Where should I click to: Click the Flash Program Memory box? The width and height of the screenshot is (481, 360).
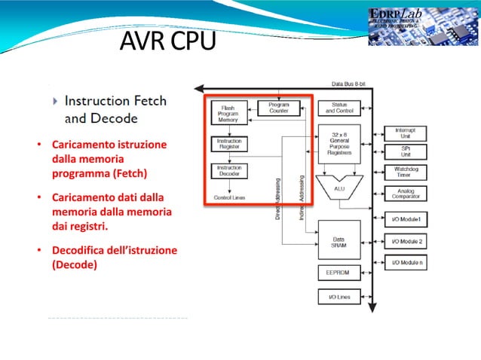click(x=228, y=113)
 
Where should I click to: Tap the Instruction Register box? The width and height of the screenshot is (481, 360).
click(x=228, y=143)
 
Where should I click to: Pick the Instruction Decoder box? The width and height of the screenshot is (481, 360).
click(x=228, y=171)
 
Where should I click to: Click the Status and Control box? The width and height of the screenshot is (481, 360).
click(x=339, y=108)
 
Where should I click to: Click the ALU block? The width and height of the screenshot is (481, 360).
click(x=339, y=189)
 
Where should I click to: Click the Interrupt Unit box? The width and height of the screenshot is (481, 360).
click(x=406, y=133)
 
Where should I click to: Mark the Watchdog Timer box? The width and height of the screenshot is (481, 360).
click(x=406, y=172)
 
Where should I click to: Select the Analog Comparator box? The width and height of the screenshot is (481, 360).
click(x=406, y=194)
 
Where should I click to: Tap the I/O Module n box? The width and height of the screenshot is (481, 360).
click(x=406, y=264)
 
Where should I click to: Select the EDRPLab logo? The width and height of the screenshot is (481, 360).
click(x=423, y=26)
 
